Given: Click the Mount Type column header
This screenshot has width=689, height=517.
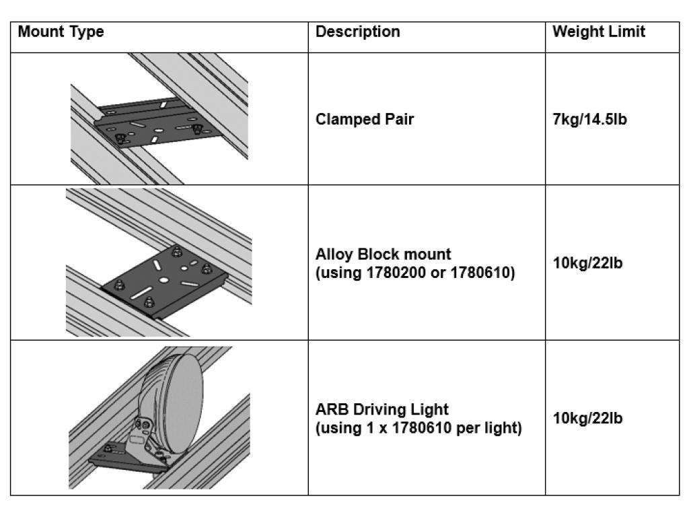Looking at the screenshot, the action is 61,32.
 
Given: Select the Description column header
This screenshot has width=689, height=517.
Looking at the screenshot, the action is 358,32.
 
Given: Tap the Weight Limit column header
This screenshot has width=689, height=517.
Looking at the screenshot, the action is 599,32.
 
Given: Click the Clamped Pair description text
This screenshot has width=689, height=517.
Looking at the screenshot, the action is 365,119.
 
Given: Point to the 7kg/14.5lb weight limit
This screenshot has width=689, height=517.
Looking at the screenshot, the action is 589,119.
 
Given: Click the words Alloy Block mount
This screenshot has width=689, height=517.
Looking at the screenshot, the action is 383,254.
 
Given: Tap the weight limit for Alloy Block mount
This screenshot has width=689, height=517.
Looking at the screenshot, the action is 587,263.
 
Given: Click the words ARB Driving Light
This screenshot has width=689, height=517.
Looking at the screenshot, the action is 382,409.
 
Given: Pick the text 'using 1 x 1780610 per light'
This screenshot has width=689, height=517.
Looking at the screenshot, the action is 419,427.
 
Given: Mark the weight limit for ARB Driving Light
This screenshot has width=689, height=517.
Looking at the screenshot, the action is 587,418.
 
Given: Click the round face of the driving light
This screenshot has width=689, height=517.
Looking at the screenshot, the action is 184,404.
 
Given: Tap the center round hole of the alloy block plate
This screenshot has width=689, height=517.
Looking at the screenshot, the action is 164,279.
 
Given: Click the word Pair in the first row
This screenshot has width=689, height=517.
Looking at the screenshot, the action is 400,119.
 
